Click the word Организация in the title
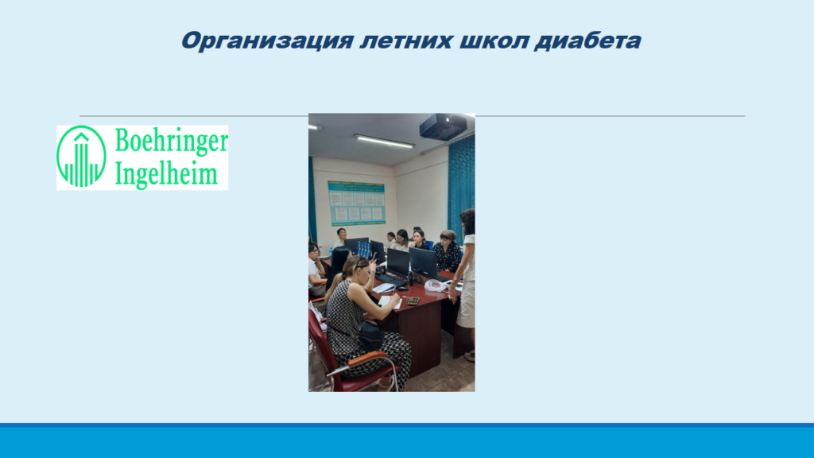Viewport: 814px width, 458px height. click(x=267, y=41)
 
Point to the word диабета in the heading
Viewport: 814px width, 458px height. click(x=587, y=41)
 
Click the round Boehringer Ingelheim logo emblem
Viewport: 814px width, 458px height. click(x=82, y=157)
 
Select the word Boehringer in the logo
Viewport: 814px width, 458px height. click(x=172, y=142)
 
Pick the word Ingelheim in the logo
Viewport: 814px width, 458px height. click(x=166, y=174)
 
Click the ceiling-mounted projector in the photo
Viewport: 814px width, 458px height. click(x=443, y=126)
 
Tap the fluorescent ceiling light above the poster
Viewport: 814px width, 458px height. click(x=384, y=140)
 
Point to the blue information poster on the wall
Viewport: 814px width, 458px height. click(x=356, y=203)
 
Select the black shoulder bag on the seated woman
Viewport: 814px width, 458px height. click(x=370, y=335)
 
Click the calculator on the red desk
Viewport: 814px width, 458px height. click(x=413, y=301)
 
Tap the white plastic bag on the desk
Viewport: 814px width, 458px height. click(x=436, y=285)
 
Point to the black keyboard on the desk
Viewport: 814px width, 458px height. click(x=390, y=281)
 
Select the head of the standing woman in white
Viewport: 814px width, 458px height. click(x=467, y=221)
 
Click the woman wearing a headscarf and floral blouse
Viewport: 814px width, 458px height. click(x=447, y=251)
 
